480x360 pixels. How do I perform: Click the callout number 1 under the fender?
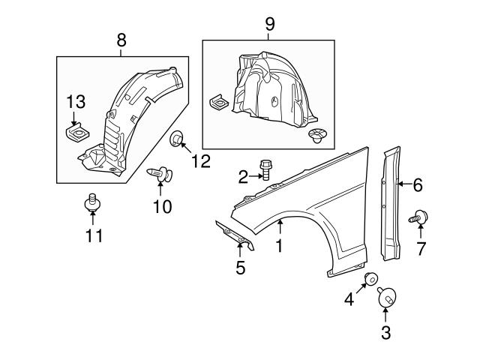[279, 245]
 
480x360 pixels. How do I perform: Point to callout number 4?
[349, 300]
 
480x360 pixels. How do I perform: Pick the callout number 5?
[240, 267]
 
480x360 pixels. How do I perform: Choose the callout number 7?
[421, 249]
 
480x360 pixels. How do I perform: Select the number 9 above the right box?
[270, 24]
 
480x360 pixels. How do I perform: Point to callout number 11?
[93, 236]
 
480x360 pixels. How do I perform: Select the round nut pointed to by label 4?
[369, 280]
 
